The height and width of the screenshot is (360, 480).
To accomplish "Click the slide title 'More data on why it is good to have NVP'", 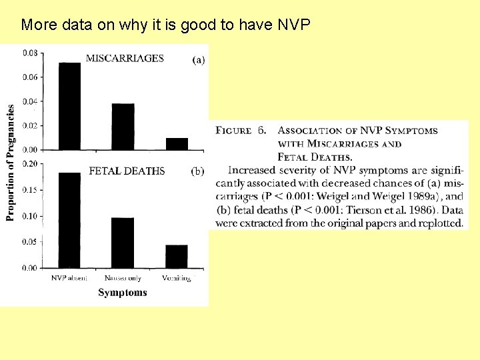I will [x=165, y=25].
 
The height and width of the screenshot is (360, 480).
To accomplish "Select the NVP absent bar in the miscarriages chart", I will [x=70, y=106].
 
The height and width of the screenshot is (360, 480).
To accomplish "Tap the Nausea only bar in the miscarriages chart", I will [x=123, y=127].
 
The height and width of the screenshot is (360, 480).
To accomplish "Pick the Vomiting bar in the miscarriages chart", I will [x=177, y=143].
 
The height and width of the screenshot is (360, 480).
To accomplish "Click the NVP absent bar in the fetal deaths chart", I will [x=70, y=220].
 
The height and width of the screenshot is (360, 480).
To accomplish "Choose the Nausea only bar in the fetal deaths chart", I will [x=123, y=243].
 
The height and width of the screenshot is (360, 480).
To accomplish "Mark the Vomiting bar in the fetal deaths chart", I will [x=177, y=256].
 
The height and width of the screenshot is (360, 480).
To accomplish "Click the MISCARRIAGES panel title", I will [x=125, y=58].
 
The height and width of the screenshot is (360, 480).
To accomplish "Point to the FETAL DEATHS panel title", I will [x=127, y=171].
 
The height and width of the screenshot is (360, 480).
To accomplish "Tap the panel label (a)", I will [x=199, y=60].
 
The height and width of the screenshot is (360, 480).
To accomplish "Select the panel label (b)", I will [x=198, y=171].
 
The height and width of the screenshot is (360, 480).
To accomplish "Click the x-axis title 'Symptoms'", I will [x=123, y=292].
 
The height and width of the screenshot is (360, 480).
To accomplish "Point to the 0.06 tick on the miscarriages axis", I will [x=30, y=77].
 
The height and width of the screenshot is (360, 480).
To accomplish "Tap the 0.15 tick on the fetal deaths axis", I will [x=30, y=190].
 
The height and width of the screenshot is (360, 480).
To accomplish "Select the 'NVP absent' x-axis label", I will [x=69, y=278].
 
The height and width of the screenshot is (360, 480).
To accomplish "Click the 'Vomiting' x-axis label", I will [x=176, y=278].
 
